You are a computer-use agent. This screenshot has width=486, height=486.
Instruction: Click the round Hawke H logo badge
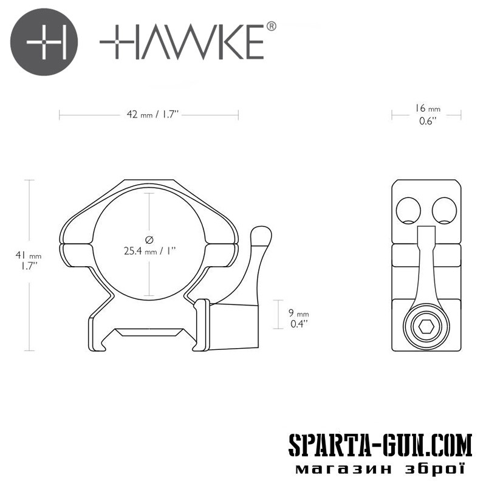point(44,42)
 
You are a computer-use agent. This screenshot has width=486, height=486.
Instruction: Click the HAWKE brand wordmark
point(182,42)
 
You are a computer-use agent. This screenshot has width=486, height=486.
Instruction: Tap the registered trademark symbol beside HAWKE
point(271,26)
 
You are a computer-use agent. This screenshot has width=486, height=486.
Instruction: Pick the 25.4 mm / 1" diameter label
point(149,251)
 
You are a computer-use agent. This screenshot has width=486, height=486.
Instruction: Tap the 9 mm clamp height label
point(298,313)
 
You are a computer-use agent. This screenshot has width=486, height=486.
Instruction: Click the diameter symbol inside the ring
point(149,239)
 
